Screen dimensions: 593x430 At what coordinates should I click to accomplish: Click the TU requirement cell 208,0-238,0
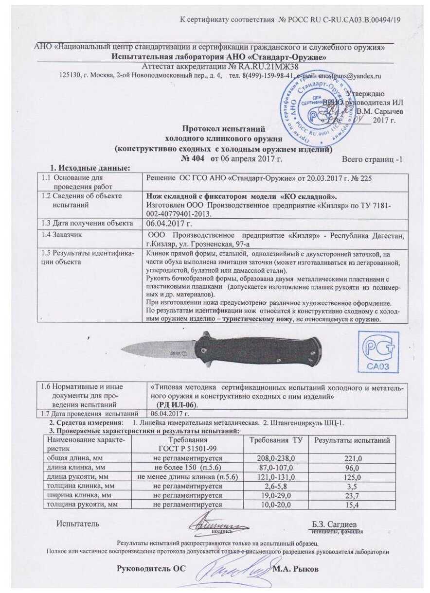pyautogui.click(x=275, y=458)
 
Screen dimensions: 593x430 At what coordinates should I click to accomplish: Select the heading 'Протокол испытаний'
pyautogui.click(x=223, y=129)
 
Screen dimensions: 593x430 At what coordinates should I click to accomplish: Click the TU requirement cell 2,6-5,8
pyautogui.click(x=275, y=486)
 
